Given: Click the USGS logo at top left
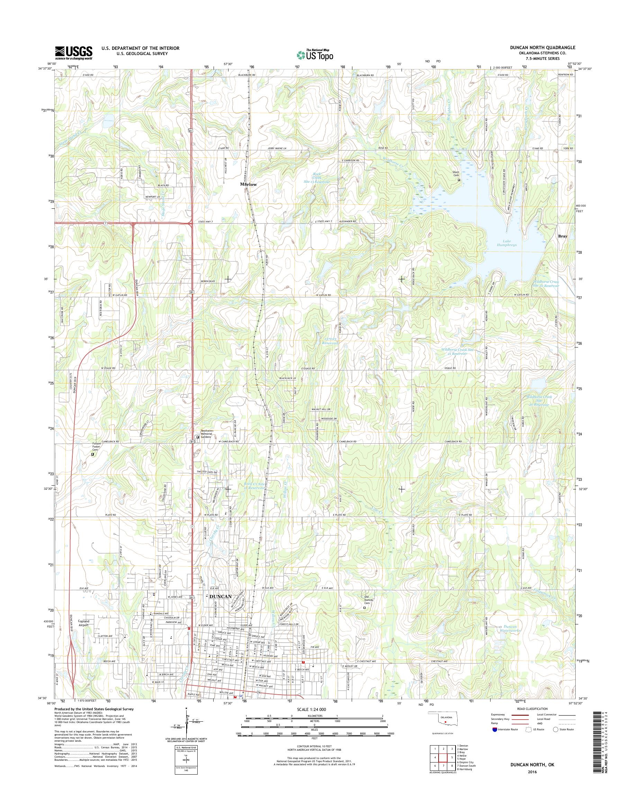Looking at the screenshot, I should (x=73, y=53).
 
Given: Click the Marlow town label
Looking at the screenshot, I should (x=248, y=184).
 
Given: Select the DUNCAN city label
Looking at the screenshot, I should (x=220, y=596).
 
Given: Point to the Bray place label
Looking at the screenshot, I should (x=562, y=236).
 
